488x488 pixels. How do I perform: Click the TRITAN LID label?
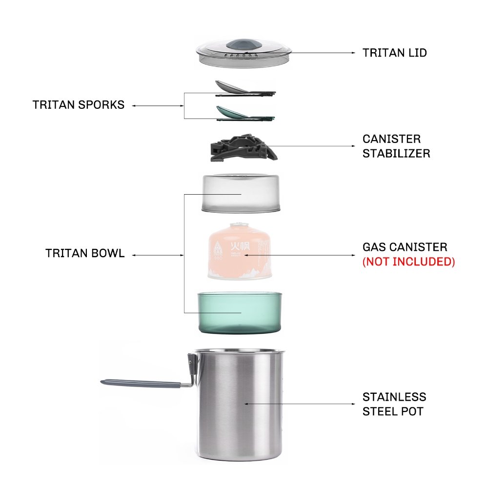coord(394,53)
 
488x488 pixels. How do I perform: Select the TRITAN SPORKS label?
coord(78,105)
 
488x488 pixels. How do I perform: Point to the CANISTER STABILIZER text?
coord(396,146)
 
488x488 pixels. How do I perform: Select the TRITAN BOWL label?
coord(84,254)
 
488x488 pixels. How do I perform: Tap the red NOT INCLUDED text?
coord(408,262)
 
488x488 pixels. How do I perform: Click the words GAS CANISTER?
coord(405,247)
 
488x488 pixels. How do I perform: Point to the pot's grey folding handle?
coord(142,382)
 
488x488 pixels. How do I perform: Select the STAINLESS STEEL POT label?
coord(394,404)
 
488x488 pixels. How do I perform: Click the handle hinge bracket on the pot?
coord(191,364)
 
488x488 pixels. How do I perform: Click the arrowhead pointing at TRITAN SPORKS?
coord(134,105)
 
